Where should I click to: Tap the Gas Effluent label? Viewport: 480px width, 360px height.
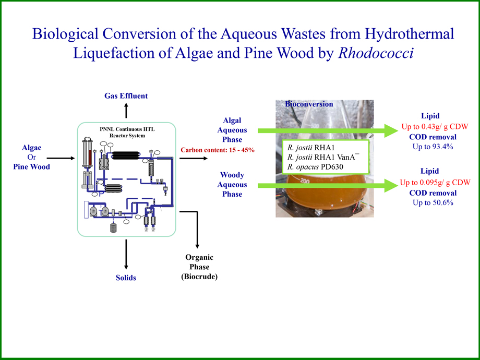pyautogui.click(x=126, y=95)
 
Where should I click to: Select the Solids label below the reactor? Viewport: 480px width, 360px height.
pyautogui.click(x=126, y=278)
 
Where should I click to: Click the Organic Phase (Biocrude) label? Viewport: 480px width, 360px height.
pyautogui.click(x=199, y=267)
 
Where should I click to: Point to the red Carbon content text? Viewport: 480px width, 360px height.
pyautogui.click(x=218, y=150)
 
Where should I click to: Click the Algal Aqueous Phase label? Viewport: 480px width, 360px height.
pyautogui.click(x=232, y=130)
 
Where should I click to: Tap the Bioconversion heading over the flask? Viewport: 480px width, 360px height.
pyautogui.click(x=309, y=104)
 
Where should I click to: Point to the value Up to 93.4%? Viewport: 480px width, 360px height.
pyautogui.click(x=433, y=147)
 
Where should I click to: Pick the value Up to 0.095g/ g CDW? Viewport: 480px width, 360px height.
pyautogui.click(x=435, y=182)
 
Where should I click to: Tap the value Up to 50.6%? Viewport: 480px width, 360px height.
pyautogui.click(x=433, y=202)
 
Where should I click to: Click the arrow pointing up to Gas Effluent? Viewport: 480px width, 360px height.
pyautogui.click(x=126, y=111)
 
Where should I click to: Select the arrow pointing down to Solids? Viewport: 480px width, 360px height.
pyautogui.click(x=126, y=256)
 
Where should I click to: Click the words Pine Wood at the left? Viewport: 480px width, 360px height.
pyautogui.click(x=32, y=167)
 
